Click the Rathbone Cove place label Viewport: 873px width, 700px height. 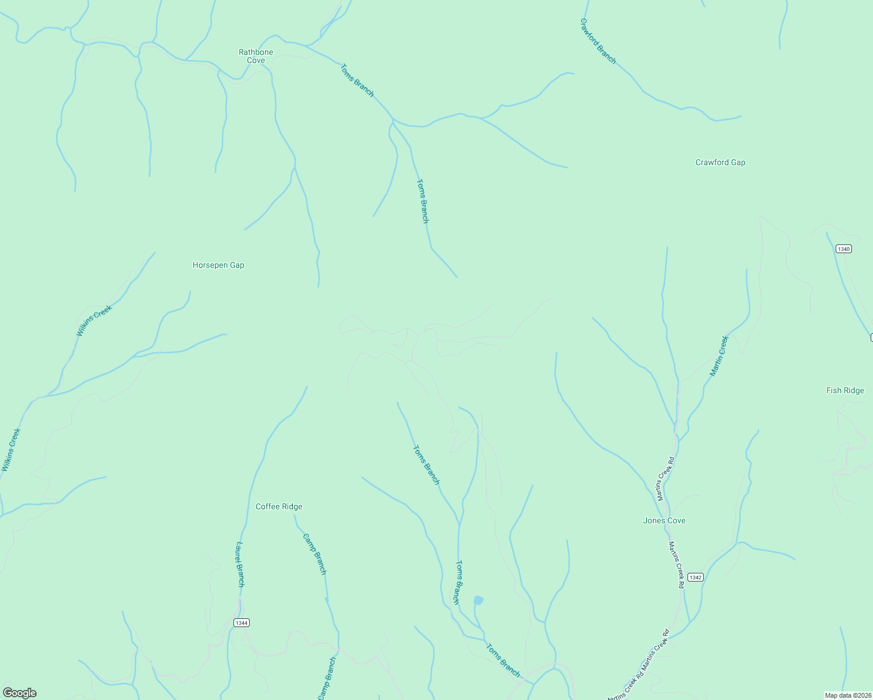[256, 56]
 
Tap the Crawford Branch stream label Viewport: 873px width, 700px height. [598, 41]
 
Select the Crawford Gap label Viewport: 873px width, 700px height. [720, 162]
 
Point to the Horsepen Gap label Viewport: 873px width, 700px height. [218, 265]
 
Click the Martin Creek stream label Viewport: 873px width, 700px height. [719, 356]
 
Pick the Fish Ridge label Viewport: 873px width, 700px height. [844, 390]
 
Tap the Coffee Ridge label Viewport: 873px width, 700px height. [279, 506]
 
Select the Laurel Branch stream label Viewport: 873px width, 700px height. [240, 564]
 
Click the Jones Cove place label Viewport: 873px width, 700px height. [664, 520]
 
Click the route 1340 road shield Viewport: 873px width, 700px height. [843, 249]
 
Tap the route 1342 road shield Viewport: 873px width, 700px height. [695, 577]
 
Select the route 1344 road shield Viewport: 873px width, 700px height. [242, 622]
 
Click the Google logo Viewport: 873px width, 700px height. [20, 693]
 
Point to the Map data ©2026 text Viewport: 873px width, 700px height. [847, 695]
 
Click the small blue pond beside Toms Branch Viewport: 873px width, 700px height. [479, 600]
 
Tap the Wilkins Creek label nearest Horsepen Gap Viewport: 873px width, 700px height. [94, 321]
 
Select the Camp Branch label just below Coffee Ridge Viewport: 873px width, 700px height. [315, 554]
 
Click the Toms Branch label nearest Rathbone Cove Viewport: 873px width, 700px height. [357, 80]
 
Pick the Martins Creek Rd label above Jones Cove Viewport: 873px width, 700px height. [666, 478]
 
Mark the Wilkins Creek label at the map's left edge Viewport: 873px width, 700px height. [11, 450]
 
